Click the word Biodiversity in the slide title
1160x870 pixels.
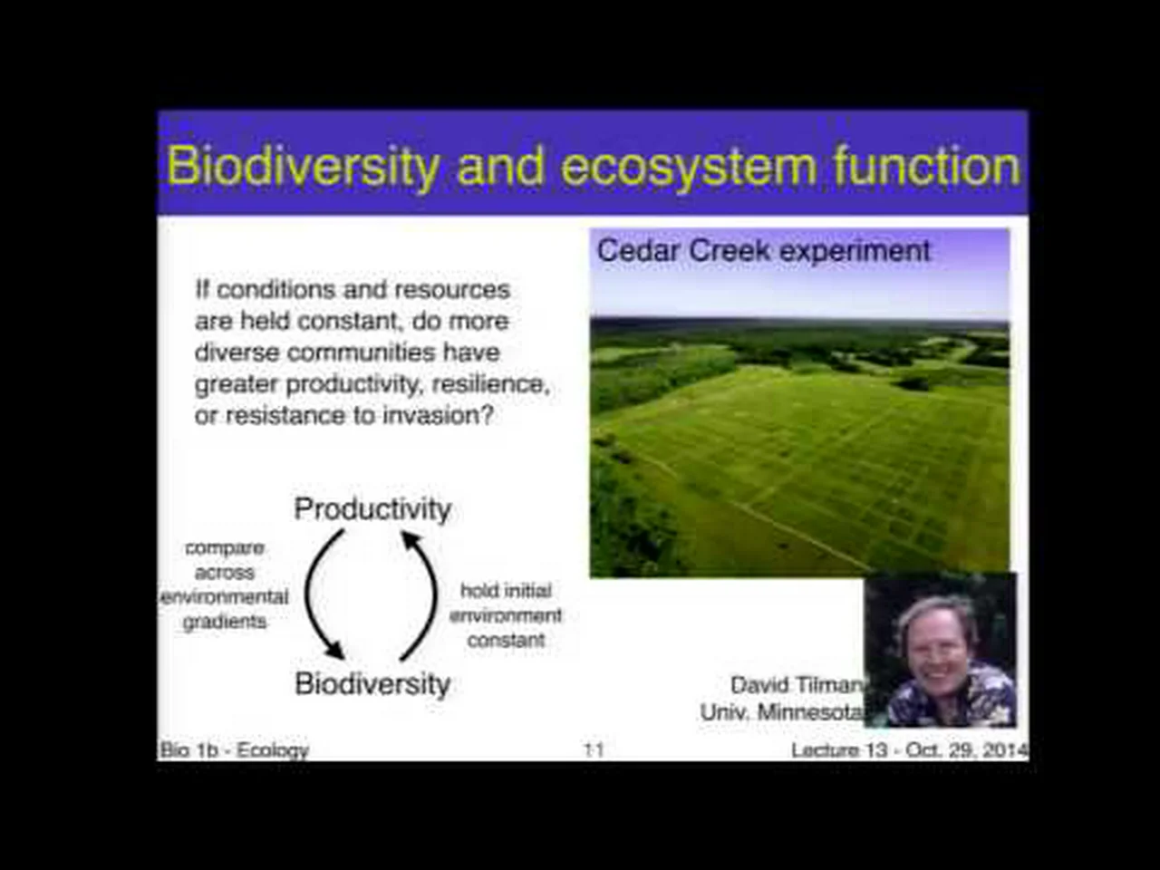303,167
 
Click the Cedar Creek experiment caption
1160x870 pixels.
763,251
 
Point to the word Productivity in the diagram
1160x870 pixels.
372,509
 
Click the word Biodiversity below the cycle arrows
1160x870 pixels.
372,683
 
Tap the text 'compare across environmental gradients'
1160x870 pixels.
225,585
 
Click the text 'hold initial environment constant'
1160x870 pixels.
506,615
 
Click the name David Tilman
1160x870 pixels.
797,685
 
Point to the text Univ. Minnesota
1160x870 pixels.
783,712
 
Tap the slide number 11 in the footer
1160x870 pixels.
594,750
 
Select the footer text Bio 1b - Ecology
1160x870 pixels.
234,750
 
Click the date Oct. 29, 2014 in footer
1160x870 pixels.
967,750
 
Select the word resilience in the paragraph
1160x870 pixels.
490,384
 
